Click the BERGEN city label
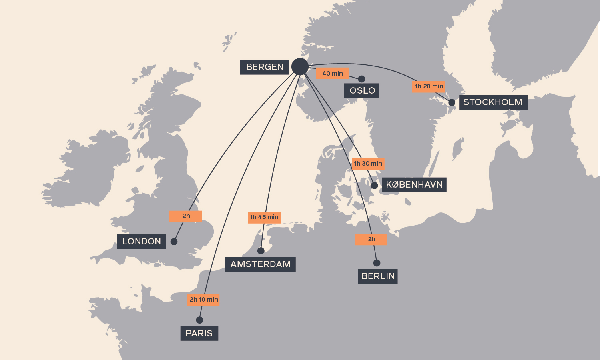[x=265, y=67]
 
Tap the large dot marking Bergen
[x=300, y=66]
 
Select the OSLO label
[x=362, y=91]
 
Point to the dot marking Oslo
[x=362, y=79]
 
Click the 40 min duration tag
[x=333, y=74]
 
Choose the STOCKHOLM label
[x=493, y=102]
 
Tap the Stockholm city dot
[x=452, y=102]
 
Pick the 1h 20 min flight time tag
[x=429, y=86]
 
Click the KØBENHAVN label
[x=414, y=185]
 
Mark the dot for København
[x=374, y=186]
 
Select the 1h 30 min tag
[x=368, y=164]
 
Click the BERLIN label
[x=378, y=276]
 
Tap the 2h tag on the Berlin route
[x=371, y=239]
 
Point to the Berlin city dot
[x=377, y=263]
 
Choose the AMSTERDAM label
[x=260, y=264]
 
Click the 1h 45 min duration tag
[x=264, y=217]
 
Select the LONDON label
[x=142, y=242]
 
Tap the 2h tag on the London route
[x=186, y=216]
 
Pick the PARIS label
[x=199, y=334]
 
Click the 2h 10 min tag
[x=203, y=300]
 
